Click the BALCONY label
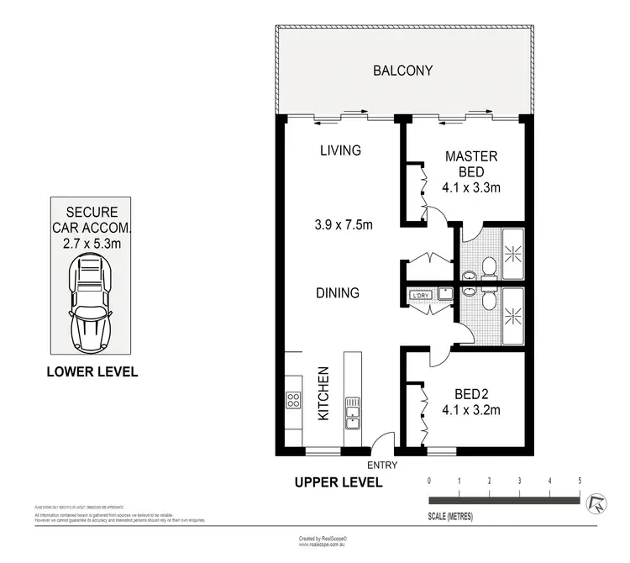402,71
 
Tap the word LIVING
340,151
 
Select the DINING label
338,293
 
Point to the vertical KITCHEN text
322,393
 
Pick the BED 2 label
471,393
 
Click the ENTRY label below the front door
382,465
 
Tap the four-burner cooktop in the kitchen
293,399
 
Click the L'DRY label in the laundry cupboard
420,295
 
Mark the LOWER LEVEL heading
92,371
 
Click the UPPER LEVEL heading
338,482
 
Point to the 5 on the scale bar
580,481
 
